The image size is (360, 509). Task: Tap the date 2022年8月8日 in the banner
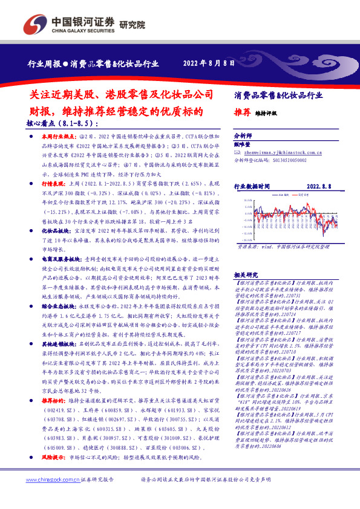[208, 63]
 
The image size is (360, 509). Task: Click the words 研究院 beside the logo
[133, 25]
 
